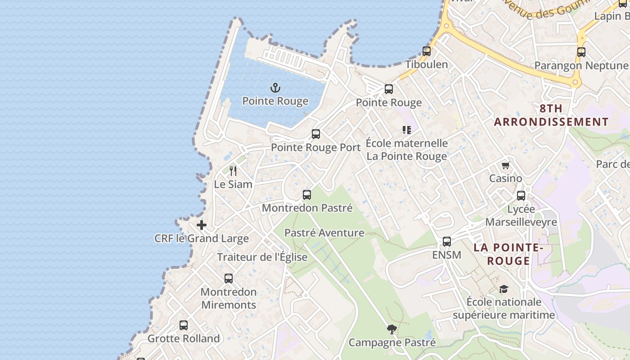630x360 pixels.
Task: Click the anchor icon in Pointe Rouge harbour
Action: (x=275, y=88)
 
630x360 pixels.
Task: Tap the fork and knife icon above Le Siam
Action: (x=233, y=171)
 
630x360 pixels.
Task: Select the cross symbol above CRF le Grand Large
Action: (x=202, y=225)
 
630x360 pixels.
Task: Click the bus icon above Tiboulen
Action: (x=427, y=51)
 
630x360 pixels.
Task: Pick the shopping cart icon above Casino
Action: (x=506, y=166)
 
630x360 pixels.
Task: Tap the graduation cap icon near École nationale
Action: (x=504, y=289)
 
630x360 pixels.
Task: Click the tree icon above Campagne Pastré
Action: (x=392, y=329)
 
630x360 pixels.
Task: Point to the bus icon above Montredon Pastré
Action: (x=307, y=195)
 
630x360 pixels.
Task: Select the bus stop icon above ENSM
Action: (x=447, y=242)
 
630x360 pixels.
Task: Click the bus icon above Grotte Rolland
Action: (x=184, y=325)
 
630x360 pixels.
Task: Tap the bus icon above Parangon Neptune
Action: (x=581, y=52)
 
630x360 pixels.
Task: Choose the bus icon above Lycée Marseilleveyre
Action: (x=521, y=196)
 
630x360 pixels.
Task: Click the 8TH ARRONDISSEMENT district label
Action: (x=551, y=115)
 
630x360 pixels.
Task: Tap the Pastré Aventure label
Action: (x=324, y=233)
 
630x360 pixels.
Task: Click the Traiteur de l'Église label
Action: (x=262, y=257)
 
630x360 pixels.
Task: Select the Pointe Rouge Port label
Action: (x=316, y=148)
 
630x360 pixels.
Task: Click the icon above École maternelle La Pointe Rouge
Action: (x=407, y=130)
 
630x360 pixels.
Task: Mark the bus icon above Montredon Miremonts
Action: (x=229, y=279)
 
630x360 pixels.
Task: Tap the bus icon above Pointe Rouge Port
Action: (x=316, y=134)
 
